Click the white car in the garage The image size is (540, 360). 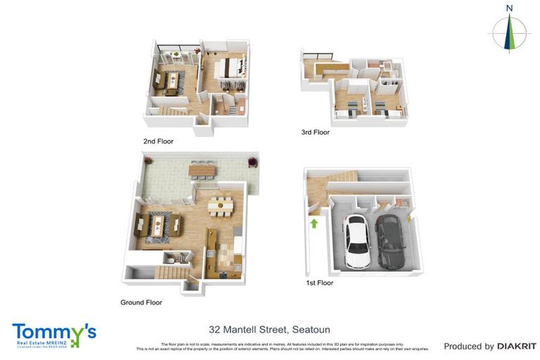(356, 241)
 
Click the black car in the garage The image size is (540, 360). (389, 240)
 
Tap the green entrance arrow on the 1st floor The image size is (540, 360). (314, 224)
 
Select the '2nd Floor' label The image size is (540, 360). (158, 141)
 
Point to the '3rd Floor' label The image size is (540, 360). (314, 131)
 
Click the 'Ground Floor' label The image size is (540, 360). (141, 302)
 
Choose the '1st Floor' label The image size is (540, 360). (319, 283)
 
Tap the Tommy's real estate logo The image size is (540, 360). (53, 335)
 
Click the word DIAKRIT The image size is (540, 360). (516, 346)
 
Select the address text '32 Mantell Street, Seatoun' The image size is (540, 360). (269, 329)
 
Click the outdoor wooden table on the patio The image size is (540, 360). (202, 169)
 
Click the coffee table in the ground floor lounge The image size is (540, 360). (157, 225)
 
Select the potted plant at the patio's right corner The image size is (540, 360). (249, 163)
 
